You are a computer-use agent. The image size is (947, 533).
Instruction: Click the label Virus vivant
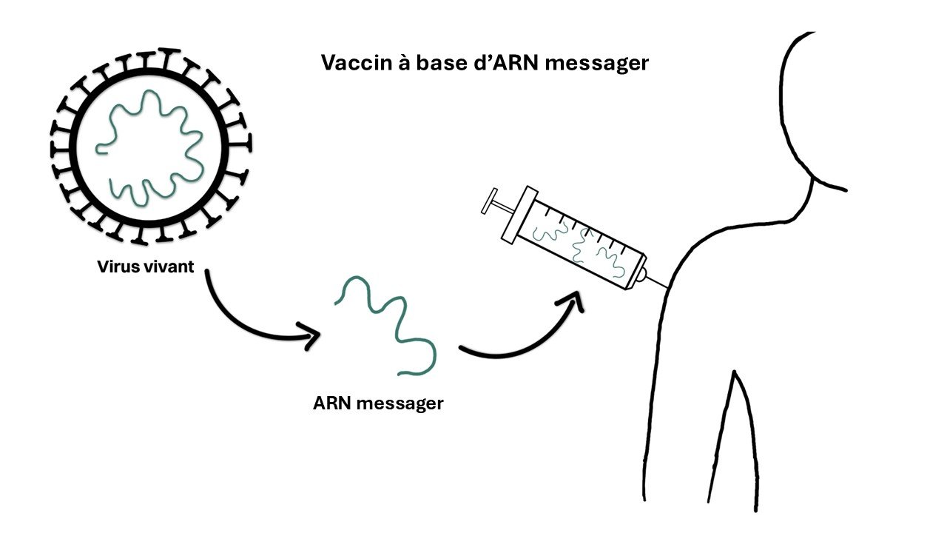146,267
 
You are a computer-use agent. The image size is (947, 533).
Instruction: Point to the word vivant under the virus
170,267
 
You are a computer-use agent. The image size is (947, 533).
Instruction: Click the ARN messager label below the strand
378,404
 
